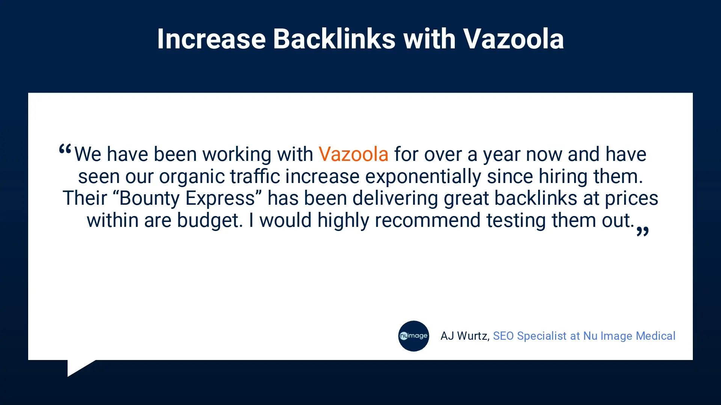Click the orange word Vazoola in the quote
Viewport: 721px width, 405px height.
[353, 154]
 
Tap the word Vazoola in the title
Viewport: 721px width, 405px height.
[513, 39]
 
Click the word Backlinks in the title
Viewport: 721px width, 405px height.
[334, 39]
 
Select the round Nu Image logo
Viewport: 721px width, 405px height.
[413, 336]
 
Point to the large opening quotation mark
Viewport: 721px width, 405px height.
[65, 150]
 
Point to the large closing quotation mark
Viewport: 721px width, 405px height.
[643, 231]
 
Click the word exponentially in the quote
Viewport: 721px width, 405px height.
[423, 177]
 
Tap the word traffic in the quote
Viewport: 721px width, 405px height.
[255, 176]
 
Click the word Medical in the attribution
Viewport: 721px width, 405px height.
[656, 336]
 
